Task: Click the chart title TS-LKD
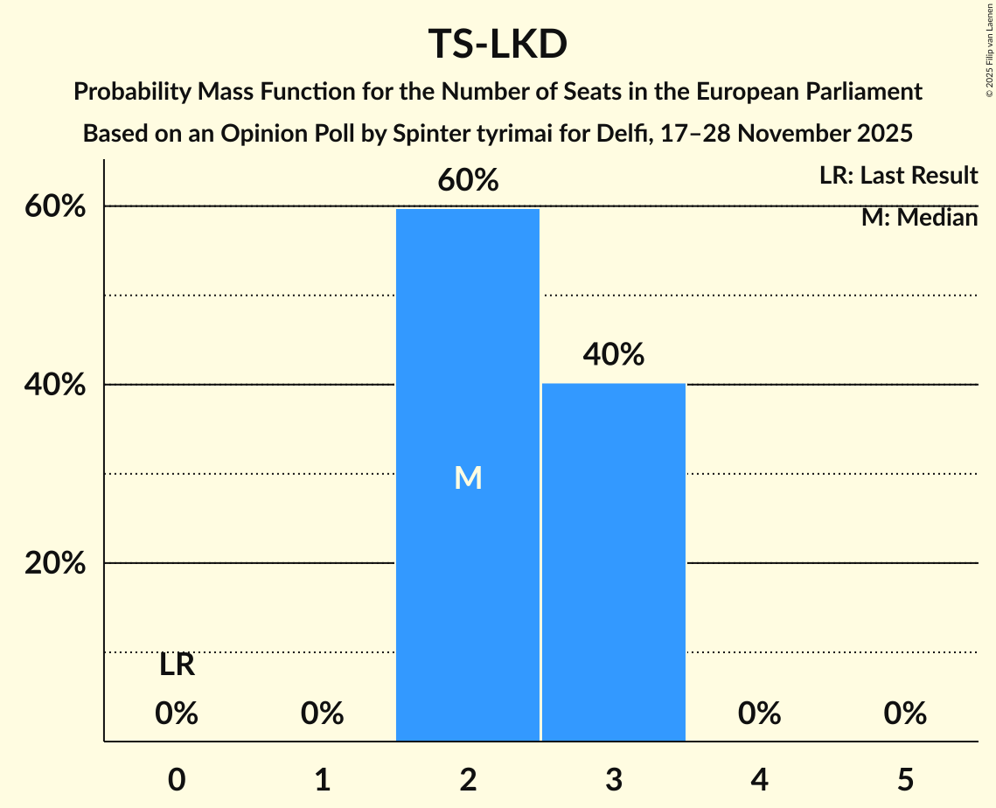(498, 44)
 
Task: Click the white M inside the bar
(468, 477)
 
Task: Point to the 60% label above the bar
(468, 181)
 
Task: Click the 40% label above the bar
(613, 355)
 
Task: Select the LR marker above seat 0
(177, 666)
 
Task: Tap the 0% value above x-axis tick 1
(322, 714)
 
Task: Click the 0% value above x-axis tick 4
(759, 714)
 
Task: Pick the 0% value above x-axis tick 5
(904, 714)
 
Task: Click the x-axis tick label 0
(177, 780)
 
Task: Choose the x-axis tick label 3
(613, 780)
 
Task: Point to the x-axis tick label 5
(904, 780)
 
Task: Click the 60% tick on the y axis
(55, 207)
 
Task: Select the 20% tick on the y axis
(55, 564)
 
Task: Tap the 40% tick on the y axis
(55, 386)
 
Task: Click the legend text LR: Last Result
(898, 176)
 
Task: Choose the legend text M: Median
(919, 218)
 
